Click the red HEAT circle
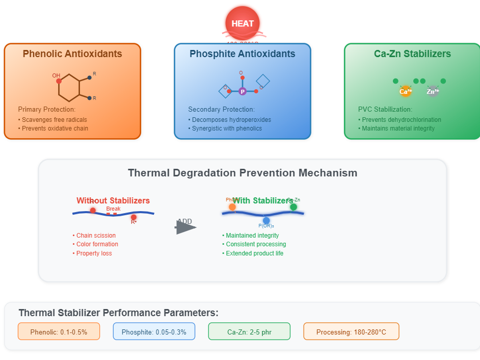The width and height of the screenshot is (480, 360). [x=243, y=23]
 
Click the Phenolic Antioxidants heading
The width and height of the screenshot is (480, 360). [x=72, y=54]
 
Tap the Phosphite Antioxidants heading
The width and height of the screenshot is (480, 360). [x=243, y=54]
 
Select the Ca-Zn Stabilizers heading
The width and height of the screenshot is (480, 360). [x=412, y=54]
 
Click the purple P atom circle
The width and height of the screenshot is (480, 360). [x=243, y=91]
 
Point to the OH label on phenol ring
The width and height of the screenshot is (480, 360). [x=56, y=75]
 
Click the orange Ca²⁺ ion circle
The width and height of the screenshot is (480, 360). [x=406, y=91]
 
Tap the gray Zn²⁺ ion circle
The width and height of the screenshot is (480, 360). [x=433, y=91]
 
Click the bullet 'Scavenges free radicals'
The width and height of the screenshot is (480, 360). [x=54, y=120]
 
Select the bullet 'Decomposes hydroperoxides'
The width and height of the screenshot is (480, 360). [x=231, y=120]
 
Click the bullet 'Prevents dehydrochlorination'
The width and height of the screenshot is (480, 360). [x=401, y=120]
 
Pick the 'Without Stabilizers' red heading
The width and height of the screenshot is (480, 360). [x=113, y=200]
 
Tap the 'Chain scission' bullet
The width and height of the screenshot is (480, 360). [x=95, y=236]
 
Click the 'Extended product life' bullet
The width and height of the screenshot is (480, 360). [x=254, y=253]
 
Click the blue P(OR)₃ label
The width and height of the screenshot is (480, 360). [x=266, y=225]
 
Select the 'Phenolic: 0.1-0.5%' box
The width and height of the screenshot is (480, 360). [x=59, y=332]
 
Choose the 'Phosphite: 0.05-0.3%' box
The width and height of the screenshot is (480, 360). [x=154, y=332]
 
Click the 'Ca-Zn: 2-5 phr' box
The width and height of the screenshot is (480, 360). [x=249, y=332]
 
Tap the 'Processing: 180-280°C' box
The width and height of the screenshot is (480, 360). [x=351, y=332]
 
